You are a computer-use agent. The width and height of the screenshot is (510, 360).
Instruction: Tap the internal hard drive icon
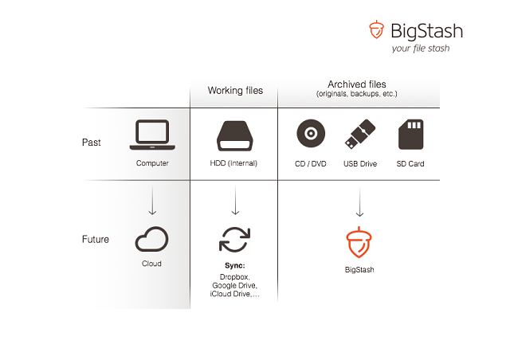(x=235, y=136)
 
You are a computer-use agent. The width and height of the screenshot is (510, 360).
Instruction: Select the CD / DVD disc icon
(x=311, y=133)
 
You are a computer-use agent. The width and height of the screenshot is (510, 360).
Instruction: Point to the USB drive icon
(x=360, y=134)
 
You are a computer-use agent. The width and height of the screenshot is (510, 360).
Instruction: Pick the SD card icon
(x=411, y=135)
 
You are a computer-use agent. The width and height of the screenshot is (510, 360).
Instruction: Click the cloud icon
(x=151, y=239)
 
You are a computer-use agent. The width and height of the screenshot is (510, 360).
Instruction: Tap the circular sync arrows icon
(x=235, y=240)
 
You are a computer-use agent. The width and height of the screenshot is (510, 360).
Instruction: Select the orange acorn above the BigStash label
(x=359, y=242)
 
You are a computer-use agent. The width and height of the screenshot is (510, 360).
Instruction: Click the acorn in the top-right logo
(x=376, y=29)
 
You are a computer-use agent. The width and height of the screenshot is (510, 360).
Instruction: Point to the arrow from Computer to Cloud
(x=152, y=201)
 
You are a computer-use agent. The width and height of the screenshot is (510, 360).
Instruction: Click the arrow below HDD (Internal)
(x=235, y=201)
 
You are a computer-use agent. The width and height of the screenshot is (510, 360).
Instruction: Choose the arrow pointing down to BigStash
(x=359, y=202)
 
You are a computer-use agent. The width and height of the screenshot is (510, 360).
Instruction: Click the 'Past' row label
(x=92, y=143)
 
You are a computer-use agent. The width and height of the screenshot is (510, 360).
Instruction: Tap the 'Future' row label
(x=96, y=240)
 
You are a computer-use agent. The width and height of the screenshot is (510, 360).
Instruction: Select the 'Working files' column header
(x=235, y=91)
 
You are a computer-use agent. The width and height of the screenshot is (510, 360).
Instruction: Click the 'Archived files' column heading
(x=357, y=84)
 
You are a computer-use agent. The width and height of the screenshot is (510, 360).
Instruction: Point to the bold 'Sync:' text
(x=235, y=266)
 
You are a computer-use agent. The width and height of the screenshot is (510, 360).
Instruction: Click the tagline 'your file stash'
(x=421, y=49)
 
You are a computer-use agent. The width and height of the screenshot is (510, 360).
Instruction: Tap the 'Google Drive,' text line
(x=234, y=285)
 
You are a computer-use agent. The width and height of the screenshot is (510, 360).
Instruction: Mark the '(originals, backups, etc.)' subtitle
(x=357, y=94)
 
